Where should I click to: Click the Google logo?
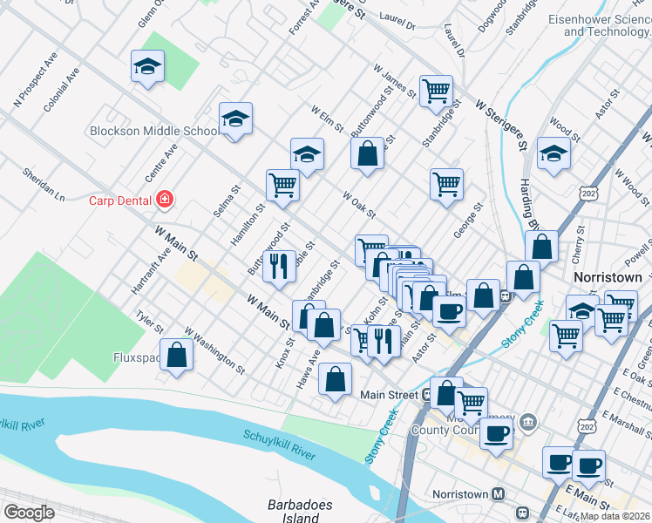pyautogui.click(x=29, y=512)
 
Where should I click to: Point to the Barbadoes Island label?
pyautogui.click(x=294, y=512)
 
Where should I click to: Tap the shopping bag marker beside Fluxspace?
pyautogui.click(x=177, y=356)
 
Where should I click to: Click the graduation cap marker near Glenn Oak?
pyautogui.click(x=148, y=66)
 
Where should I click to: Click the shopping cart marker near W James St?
pyautogui.click(x=436, y=91)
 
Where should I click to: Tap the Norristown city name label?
pyautogui.click(x=608, y=277)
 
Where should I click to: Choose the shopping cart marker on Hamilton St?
pyautogui.click(x=282, y=186)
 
